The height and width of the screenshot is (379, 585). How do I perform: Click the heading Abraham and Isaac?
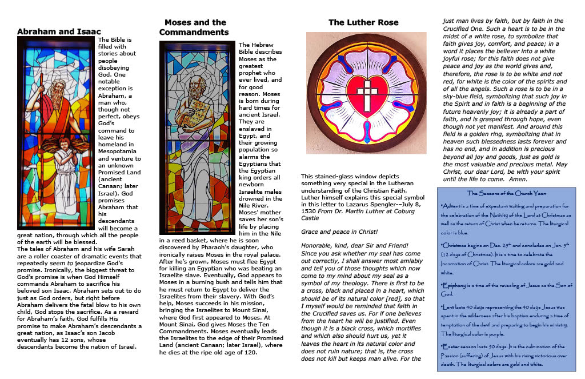point(59,31)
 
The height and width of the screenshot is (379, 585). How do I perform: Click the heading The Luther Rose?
point(363,23)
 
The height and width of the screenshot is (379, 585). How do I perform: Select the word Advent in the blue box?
point(454,205)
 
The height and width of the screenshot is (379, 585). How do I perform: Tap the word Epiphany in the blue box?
point(456,284)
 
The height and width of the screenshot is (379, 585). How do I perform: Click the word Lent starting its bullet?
point(448,308)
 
